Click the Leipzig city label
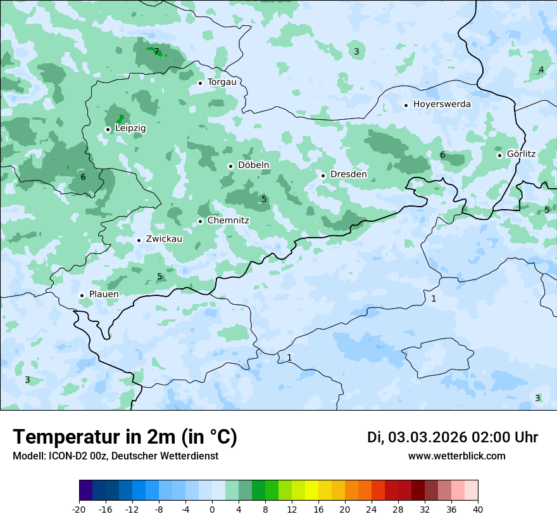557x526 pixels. pos(130,129)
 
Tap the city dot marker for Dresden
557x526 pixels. pos(323,176)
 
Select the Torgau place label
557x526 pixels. pos(222,82)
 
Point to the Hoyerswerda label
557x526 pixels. pos(442,105)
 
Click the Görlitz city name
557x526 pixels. pos(521,154)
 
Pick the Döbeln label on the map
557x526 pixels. pos(253,165)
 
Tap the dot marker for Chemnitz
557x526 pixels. pos(200,221)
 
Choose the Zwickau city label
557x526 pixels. pos(164,240)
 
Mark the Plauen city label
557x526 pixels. pos(103,295)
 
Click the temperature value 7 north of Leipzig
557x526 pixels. pos(156,51)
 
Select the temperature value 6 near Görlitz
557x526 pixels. pos(442,155)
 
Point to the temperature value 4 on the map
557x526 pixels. pos(541,70)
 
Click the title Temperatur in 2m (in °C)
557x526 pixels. pos(125,437)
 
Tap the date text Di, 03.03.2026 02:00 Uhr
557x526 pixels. pos(453,437)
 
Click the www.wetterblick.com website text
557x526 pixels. pos(456,456)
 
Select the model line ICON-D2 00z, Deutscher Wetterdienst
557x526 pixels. pos(115,456)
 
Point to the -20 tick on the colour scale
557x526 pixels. pos(79,510)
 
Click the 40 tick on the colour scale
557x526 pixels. pos(477,510)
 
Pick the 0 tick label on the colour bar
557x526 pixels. pos(212,510)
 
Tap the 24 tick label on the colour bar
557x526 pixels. pos(372,510)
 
